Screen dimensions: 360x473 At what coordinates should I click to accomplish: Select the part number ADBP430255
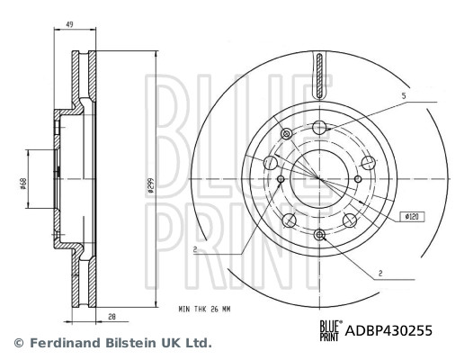(x=389, y=331)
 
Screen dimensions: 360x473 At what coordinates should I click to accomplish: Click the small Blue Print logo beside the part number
(x=333, y=331)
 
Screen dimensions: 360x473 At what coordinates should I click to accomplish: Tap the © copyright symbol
(x=17, y=343)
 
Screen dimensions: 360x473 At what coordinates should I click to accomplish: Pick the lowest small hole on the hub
(x=320, y=236)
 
